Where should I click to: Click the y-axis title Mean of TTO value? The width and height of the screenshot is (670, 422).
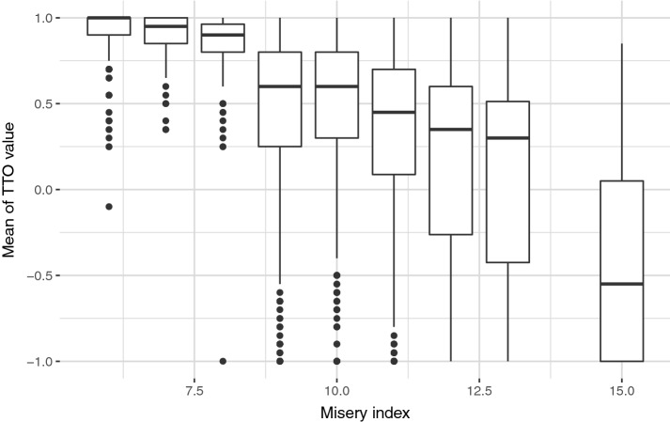[x=12, y=189]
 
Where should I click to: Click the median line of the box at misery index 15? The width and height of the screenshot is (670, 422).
[x=622, y=284]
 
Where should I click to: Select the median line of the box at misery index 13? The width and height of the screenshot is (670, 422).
[x=507, y=138]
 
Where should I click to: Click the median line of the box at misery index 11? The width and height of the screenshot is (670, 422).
[x=394, y=112]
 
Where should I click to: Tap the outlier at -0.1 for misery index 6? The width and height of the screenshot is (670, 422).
[x=108, y=207]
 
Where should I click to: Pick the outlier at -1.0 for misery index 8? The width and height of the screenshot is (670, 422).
[x=223, y=361]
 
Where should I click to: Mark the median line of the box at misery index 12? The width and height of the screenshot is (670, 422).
[x=451, y=129]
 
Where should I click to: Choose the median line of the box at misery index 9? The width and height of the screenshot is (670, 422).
[x=280, y=86]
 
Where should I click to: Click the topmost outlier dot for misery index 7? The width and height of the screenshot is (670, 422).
[x=165, y=86]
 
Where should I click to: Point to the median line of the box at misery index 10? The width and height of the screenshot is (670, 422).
[x=336, y=86]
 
